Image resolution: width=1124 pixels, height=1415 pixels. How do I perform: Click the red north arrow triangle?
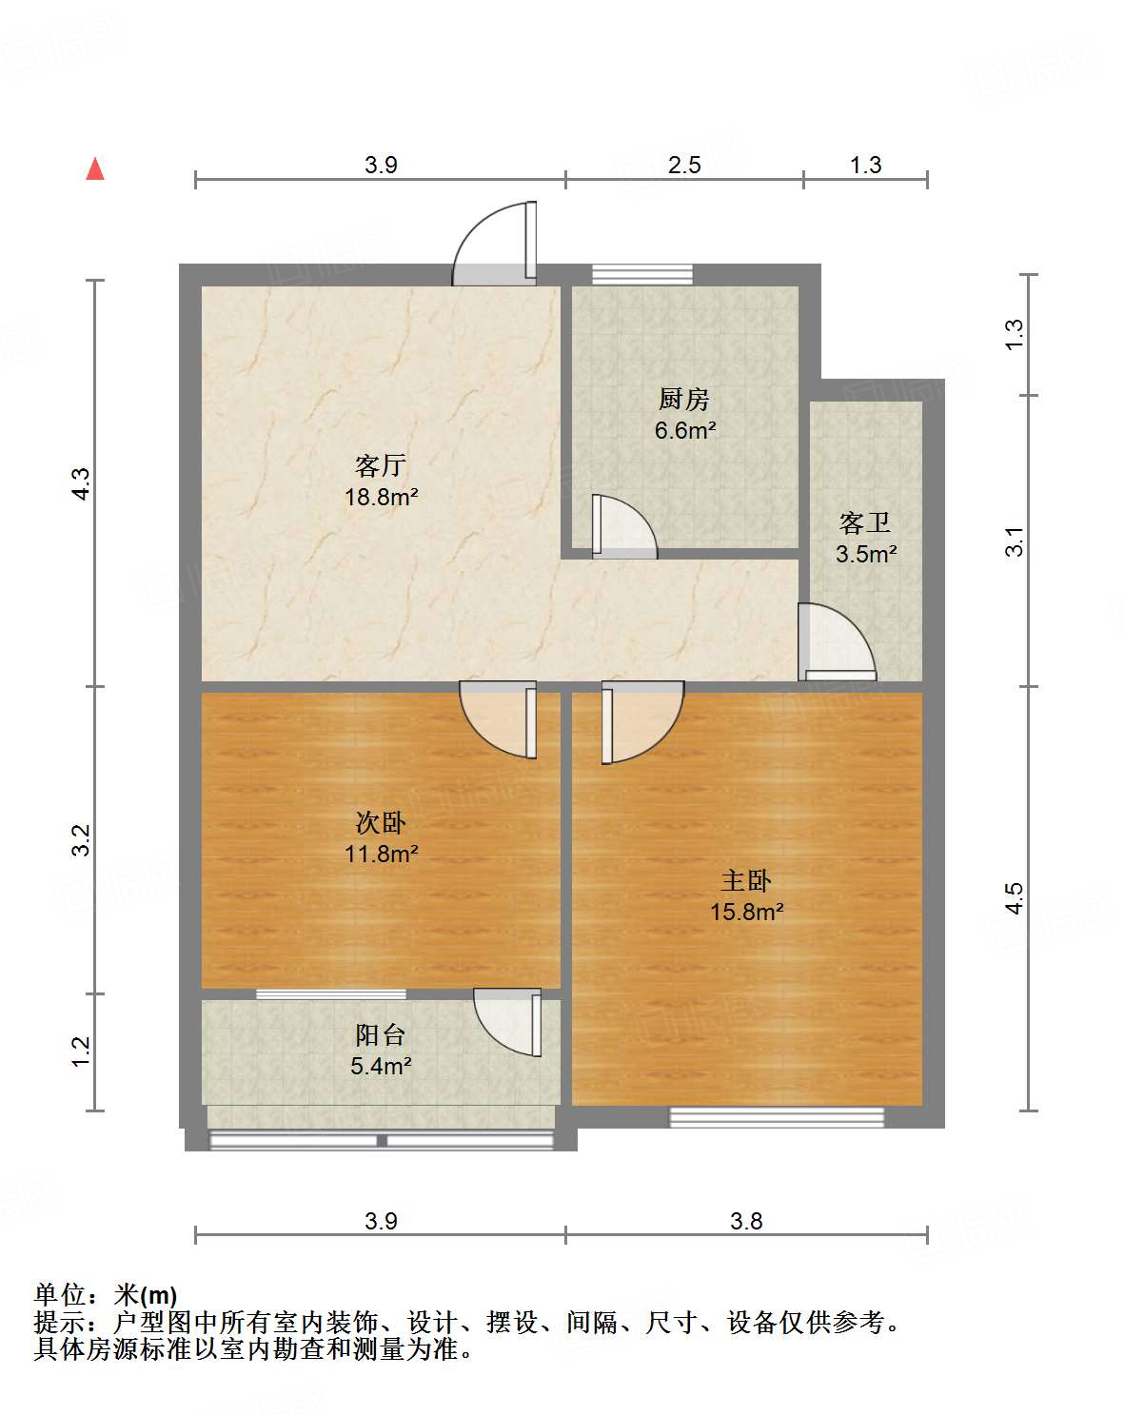(95, 169)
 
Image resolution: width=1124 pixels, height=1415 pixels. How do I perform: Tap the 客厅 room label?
(381, 465)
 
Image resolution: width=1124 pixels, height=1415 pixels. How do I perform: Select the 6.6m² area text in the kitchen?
(685, 430)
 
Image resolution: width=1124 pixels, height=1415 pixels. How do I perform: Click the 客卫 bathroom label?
(865, 522)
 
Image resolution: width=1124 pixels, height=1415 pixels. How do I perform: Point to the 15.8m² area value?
(747, 912)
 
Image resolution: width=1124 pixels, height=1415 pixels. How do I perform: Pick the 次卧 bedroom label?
(381, 822)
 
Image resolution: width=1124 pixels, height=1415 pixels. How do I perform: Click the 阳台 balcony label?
(381, 1035)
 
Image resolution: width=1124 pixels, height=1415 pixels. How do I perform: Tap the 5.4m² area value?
(381, 1066)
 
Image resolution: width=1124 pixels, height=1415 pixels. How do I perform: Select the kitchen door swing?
(622, 526)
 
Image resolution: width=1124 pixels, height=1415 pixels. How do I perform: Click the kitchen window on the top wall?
(642, 274)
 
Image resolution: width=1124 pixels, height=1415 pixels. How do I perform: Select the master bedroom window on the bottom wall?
(777, 1117)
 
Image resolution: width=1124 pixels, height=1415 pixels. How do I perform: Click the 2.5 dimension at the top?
(684, 165)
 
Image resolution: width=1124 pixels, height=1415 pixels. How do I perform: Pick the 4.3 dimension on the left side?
(82, 483)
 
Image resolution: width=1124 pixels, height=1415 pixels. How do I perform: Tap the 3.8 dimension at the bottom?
(746, 1221)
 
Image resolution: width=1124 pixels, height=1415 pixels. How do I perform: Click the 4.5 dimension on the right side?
(1015, 897)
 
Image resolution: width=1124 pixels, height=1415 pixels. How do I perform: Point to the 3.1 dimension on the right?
(1016, 541)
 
